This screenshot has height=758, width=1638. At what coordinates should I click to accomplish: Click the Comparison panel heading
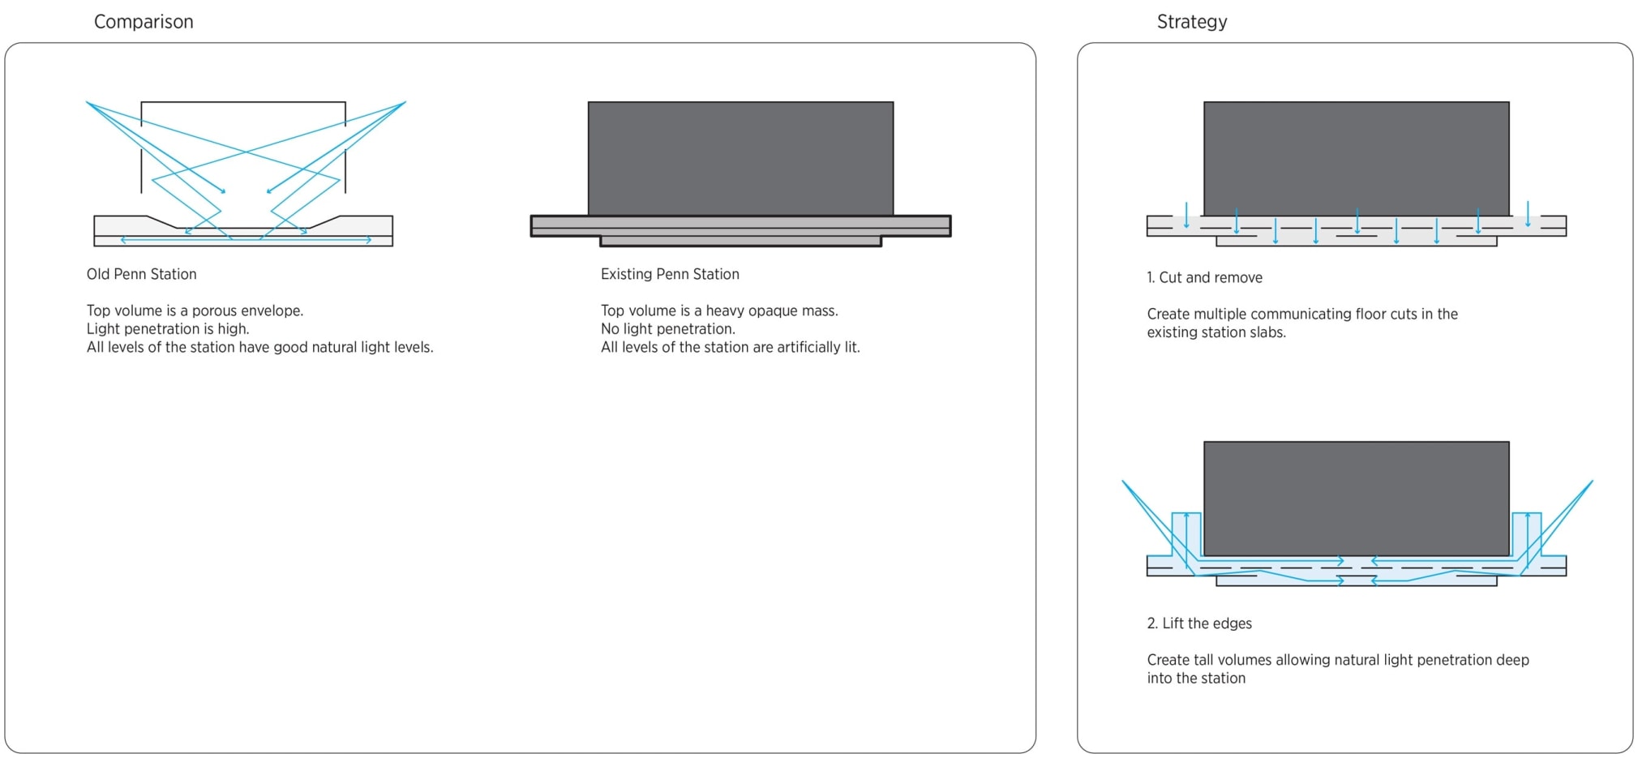(x=144, y=22)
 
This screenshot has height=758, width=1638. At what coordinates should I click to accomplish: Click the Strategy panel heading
(x=1192, y=22)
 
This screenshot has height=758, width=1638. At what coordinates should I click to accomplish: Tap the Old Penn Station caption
(x=142, y=274)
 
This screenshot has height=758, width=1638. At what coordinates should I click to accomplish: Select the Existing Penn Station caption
(x=670, y=274)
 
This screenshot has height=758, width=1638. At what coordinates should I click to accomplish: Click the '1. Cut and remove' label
(x=1204, y=277)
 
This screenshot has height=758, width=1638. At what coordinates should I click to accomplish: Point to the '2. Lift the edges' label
(x=1199, y=623)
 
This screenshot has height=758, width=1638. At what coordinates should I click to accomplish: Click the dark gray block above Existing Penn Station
(x=740, y=158)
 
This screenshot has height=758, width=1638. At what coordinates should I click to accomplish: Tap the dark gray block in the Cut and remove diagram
(x=1357, y=158)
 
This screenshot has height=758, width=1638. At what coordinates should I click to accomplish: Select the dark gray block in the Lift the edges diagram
(x=1357, y=499)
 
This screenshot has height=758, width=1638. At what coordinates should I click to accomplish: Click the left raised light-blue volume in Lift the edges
(x=1186, y=535)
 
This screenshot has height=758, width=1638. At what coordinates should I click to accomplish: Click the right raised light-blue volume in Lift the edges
(x=1527, y=535)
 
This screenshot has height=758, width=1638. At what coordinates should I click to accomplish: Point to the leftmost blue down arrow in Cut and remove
(x=1186, y=215)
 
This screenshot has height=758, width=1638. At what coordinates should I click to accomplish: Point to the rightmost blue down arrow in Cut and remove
(x=1528, y=215)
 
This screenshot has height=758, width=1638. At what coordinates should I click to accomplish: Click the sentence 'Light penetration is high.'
(x=168, y=329)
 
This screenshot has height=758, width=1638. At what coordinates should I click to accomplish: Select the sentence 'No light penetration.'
(x=668, y=329)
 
